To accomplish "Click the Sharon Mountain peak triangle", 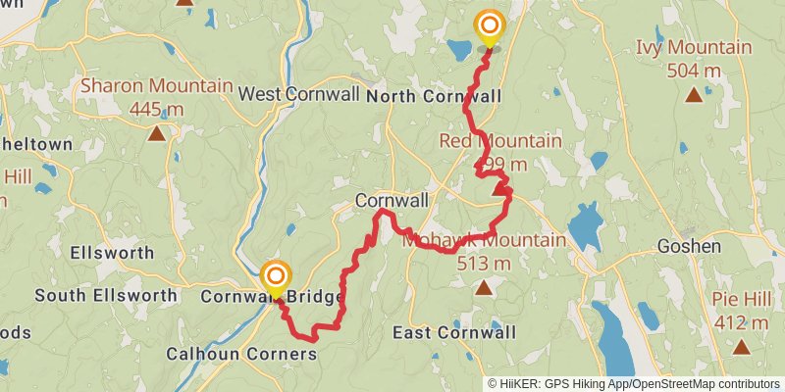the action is [x=156, y=132].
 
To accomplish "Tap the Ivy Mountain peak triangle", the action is [x=694, y=94].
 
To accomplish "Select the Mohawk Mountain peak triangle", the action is [x=484, y=287].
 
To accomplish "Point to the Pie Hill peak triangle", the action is [x=742, y=346].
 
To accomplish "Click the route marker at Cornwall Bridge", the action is [x=276, y=276].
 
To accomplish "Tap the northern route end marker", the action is [x=488, y=25].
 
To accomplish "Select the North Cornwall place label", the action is [x=434, y=96].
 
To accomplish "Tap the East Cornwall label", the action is [x=453, y=332].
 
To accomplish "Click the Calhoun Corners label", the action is [x=241, y=353].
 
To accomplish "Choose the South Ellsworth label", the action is [x=106, y=294].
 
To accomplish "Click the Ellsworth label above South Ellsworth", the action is [x=112, y=252].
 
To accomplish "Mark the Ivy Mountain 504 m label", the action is [x=694, y=58].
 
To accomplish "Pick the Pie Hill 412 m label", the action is [x=742, y=313].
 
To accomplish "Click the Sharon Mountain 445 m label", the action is [x=156, y=96].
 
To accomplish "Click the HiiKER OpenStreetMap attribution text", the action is [x=634, y=383].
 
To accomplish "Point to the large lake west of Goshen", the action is [x=584, y=226].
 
